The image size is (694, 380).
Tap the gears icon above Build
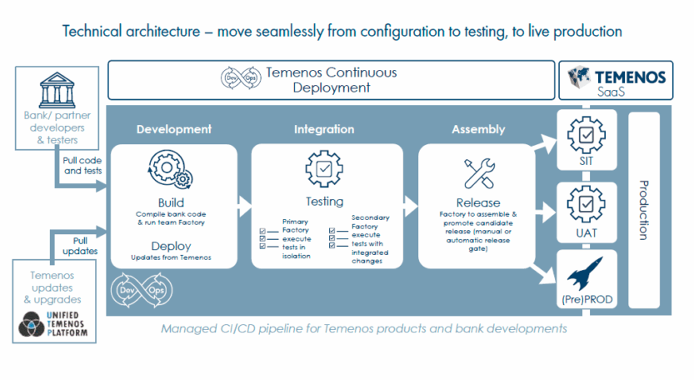click(x=170, y=169)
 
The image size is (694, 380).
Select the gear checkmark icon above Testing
click(x=324, y=169)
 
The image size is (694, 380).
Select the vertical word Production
click(x=642, y=209)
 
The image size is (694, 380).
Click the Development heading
click(x=173, y=129)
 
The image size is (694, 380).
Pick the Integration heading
click(x=324, y=129)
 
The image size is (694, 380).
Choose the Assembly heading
click(x=478, y=129)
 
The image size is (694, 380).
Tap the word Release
click(x=478, y=202)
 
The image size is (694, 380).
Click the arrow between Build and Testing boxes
click(x=243, y=202)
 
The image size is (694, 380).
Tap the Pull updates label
click(x=81, y=244)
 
